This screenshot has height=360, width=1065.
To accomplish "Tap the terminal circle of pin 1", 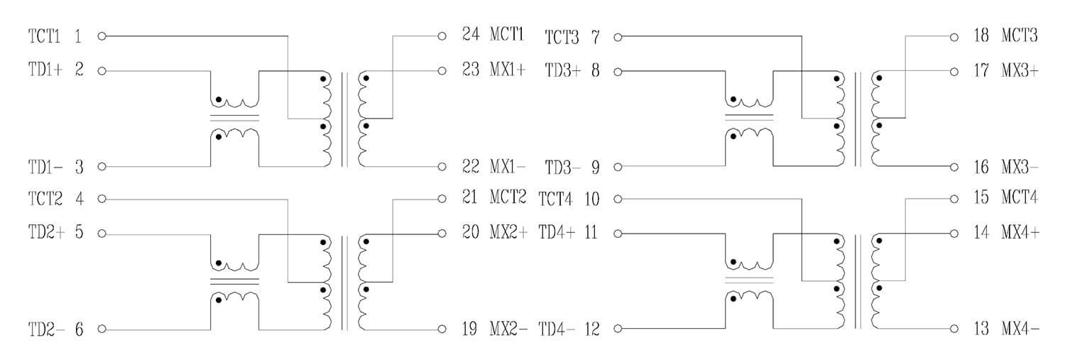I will pos(102,36).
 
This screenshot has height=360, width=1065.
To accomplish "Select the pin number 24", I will pos(471,34).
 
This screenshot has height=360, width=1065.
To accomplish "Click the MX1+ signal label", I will pos(508,70).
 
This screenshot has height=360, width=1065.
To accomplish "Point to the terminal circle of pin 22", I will pos(442,167).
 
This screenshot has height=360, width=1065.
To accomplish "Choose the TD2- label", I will pos(46,329).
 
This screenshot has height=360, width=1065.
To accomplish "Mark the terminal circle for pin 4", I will pos(102,198).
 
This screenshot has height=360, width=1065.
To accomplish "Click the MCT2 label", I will pos(508,197).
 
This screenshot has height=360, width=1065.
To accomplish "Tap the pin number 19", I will pos(470,329).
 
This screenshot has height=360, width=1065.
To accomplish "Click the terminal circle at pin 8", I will pos(618,71).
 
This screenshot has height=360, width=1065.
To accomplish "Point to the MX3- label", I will pos(1020,167).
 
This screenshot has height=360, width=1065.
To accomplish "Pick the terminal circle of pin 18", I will pos(954,36).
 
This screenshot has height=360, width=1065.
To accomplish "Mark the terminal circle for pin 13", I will pos(954,329).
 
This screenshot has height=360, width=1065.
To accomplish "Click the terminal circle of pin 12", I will pos(618,329).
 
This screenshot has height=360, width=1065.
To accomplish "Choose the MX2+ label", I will pos(508,232).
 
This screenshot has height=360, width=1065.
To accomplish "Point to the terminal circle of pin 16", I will pos(954,167).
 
